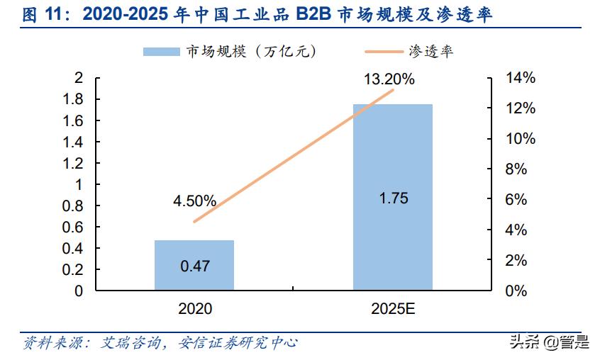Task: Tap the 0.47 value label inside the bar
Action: [x=194, y=266]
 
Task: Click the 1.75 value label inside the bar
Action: [x=393, y=198]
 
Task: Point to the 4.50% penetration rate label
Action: [x=194, y=201]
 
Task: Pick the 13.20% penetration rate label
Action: [x=389, y=79]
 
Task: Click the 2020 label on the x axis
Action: [x=194, y=310]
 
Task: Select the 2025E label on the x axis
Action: [x=392, y=310]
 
